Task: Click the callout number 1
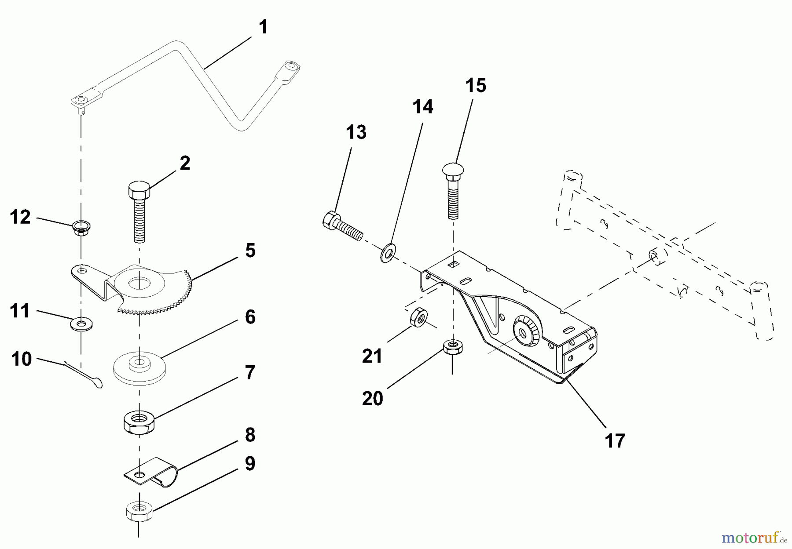pos(263,28)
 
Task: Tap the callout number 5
pos(250,251)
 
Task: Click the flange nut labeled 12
pos(80,228)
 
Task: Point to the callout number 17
pos(615,440)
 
